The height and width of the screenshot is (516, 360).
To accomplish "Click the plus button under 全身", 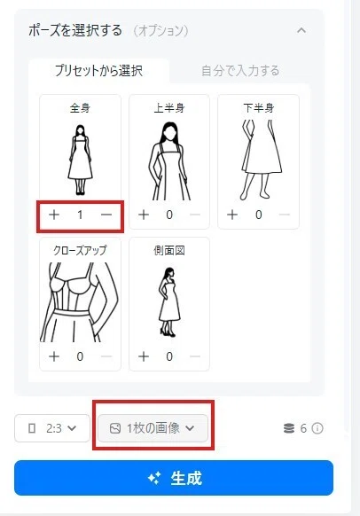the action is point(54,215).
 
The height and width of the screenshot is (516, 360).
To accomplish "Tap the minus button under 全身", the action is point(106,215).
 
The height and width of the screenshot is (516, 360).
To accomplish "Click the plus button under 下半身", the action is point(232,215).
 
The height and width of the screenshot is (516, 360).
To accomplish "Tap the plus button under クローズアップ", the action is point(54,356).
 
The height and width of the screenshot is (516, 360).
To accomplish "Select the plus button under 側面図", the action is point(144,356).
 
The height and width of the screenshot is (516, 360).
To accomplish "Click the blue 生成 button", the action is point(174,478).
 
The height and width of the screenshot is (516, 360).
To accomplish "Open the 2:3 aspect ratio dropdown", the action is point(52,428).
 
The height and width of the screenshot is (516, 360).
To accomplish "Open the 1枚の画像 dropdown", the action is point(153,428).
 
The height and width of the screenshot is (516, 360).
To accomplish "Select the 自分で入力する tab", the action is point(240,71).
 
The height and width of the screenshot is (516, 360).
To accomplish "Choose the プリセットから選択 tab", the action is point(98,71).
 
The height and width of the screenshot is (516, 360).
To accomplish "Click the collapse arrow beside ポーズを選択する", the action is point(301,31).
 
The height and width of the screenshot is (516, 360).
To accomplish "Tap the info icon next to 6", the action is point(317,428).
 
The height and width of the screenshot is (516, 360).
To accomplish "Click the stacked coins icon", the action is point(289,428).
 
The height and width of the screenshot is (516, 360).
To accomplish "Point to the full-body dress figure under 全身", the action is point(80,160).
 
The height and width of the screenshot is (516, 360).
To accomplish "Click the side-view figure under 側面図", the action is point(168,302).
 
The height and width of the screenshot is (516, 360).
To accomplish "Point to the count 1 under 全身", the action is point(80,215).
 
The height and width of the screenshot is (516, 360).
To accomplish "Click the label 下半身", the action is point(259,108).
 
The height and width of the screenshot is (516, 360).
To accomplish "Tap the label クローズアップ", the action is point(80,250).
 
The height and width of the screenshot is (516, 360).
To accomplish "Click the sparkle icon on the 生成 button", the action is point(154,478).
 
